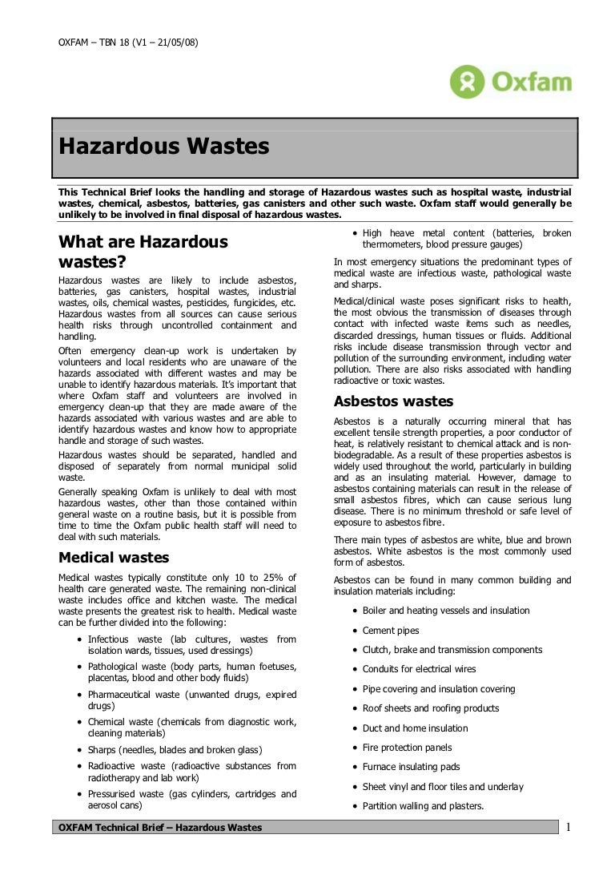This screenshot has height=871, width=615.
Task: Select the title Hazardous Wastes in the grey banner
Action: pyautogui.click(x=163, y=147)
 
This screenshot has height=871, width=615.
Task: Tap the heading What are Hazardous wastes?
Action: pyautogui.click(x=143, y=252)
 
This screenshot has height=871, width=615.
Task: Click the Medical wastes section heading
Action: pyautogui.click(x=115, y=558)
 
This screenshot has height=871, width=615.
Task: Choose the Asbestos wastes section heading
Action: pyautogui.click(x=393, y=401)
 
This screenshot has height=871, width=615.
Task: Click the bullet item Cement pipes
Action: pyautogui.click(x=391, y=631)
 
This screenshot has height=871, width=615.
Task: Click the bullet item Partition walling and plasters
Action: pyautogui.click(x=423, y=806)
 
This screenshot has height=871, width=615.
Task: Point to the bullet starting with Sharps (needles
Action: pyautogui.click(x=175, y=750)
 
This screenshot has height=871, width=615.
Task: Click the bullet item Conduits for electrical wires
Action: pyautogui.click(x=419, y=669)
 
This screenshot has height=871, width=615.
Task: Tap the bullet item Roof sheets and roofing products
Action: pyautogui.click(x=430, y=708)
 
